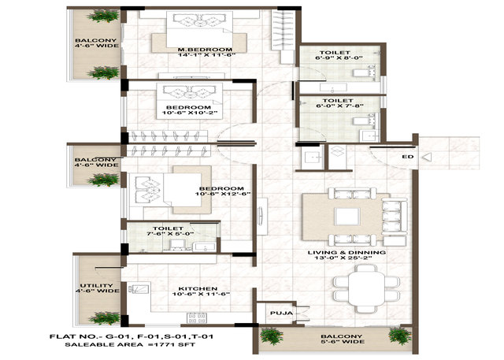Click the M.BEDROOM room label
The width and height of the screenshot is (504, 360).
click(x=205, y=50)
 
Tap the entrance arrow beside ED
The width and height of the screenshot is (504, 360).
click(x=427, y=158)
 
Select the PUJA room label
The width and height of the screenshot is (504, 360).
click(x=282, y=313)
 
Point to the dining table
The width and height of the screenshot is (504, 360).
click(x=366, y=288)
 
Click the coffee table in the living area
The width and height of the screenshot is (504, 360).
click(x=346, y=217)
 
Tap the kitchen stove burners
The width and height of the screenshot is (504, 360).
click(x=197, y=318)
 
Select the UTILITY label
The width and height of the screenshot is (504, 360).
click(x=96, y=285)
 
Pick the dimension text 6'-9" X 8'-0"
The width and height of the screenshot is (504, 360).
click(x=339, y=58)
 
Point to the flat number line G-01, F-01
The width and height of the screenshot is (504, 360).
click(x=132, y=337)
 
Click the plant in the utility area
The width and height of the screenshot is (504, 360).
click(x=104, y=318)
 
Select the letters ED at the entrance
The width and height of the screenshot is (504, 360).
click(x=408, y=157)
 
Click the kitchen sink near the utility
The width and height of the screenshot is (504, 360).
click(x=139, y=288)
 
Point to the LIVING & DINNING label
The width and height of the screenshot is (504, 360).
click(x=346, y=252)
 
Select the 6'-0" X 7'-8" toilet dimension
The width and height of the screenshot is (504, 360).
click(x=338, y=106)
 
